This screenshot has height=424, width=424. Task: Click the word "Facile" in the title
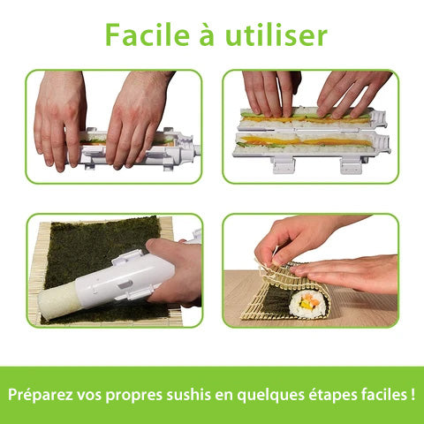[x=148, y=34]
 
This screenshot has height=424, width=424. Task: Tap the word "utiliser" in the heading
[x=276, y=34]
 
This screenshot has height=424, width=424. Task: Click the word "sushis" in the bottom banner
[x=189, y=395]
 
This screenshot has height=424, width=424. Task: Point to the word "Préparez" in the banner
[x=40, y=395]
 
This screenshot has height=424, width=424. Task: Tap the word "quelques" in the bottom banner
[x=270, y=396]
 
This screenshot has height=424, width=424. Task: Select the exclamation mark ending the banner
[x=413, y=395]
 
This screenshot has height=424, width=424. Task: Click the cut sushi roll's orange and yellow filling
[x=307, y=304]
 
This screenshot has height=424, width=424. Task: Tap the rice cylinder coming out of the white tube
[x=57, y=299]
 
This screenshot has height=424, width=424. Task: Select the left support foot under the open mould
[x=283, y=165]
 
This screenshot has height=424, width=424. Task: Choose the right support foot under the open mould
[x=351, y=165]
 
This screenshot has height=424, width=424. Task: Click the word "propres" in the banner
[x=134, y=396]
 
